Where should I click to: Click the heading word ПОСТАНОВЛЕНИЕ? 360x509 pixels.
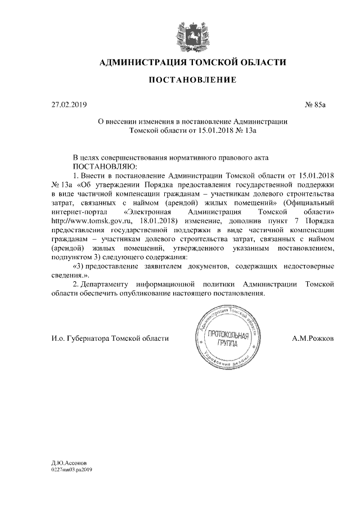pos(192,81)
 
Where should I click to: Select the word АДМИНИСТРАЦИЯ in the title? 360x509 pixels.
pos(143,62)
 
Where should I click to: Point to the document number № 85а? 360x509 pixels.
pos(314,105)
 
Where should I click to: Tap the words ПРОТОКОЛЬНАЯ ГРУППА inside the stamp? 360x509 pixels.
pos(228,339)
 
